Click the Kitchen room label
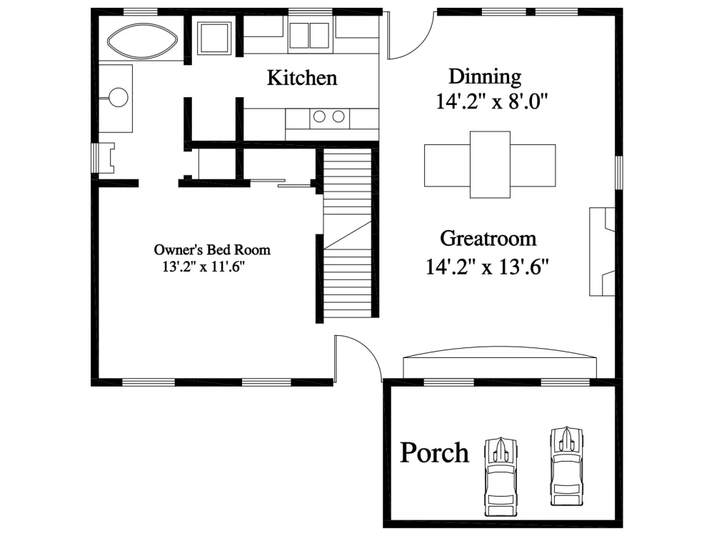point(301,78)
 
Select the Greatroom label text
point(488,238)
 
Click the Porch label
point(434,453)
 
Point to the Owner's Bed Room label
point(212,250)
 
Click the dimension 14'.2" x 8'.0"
point(491,102)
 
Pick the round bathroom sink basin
point(118,97)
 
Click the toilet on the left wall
point(106,158)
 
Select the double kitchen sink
point(309,34)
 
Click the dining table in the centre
point(490,164)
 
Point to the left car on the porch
point(501,472)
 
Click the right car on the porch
point(566,463)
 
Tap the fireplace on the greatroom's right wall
point(601,252)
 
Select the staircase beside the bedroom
point(348,236)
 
